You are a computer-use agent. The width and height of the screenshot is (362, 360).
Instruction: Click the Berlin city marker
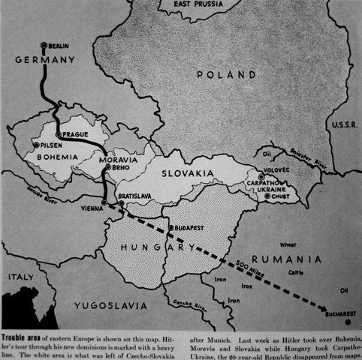46,46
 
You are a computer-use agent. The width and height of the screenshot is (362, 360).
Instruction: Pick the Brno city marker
107,169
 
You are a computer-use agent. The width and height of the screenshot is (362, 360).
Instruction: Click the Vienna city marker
105,202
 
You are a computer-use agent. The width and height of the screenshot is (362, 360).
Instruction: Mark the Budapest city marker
170,226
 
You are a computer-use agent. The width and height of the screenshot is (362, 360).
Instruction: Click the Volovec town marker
261,178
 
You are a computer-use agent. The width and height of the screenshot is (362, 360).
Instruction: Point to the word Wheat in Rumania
288,244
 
